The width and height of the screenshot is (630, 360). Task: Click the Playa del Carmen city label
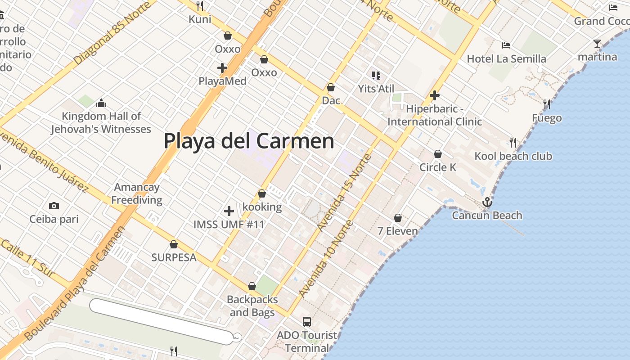coord(249,141)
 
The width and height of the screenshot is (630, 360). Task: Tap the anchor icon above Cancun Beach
coord(487,202)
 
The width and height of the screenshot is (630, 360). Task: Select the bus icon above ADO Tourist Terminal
coord(307,321)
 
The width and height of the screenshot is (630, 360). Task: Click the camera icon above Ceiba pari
coord(54,206)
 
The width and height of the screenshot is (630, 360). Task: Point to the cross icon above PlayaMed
coord(222,68)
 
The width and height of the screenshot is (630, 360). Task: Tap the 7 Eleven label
coord(397,231)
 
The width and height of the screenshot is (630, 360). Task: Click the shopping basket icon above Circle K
coord(438,154)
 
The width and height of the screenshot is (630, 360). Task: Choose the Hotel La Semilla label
coord(506,58)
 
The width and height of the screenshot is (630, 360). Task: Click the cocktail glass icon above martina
coord(597,44)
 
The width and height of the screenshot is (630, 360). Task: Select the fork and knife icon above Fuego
coord(547,104)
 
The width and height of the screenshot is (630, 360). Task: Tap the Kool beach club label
coord(513,156)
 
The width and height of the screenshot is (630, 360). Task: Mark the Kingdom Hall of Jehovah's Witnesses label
coord(101,122)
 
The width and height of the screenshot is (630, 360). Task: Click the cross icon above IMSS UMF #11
coord(229,211)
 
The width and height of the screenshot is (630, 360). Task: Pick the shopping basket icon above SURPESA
coord(174,244)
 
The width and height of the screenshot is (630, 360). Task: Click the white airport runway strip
coord(162,320)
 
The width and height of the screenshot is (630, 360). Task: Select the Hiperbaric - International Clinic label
coord(434,115)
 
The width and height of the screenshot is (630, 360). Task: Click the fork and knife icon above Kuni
coord(200,6)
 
